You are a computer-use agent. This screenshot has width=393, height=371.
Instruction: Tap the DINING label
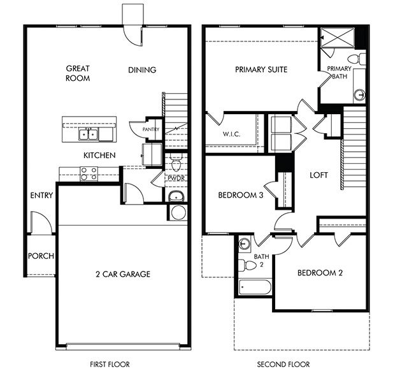point(141,70)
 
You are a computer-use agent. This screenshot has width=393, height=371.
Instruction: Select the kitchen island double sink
point(89,134)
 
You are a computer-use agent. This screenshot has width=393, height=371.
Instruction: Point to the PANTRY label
point(151,129)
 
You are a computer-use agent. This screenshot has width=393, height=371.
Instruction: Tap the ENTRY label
point(41,196)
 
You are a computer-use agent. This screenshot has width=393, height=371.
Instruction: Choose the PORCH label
point(41,256)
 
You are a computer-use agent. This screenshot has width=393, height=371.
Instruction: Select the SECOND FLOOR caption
point(284,364)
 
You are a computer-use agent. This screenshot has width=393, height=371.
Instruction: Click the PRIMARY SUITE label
point(261,69)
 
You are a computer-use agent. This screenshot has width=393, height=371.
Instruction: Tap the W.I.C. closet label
point(230,135)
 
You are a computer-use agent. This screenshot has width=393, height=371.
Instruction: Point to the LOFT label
point(318,175)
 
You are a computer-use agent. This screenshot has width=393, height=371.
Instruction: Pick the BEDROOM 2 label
point(320,273)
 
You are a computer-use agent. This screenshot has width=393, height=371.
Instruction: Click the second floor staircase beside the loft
point(355,143)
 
